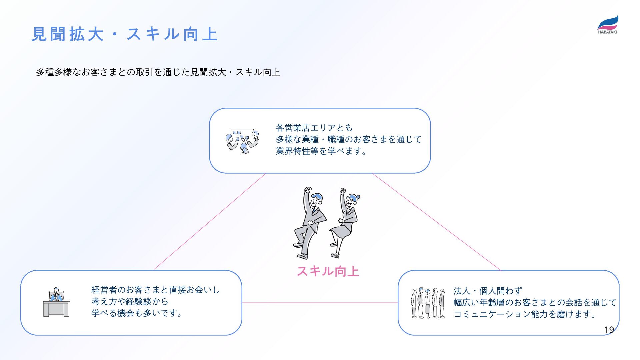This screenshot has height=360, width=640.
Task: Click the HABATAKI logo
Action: click(x=607, y=25)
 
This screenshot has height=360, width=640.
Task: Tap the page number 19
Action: click(x=609, y=330)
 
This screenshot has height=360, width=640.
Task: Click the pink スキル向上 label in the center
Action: click(x=328, y=271)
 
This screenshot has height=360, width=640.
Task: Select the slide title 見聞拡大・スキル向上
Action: click(x=124, y=34)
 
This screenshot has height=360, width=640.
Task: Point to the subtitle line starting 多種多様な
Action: click(x=158, y=72)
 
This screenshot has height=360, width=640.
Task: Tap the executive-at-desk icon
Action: click(x=56, y=302)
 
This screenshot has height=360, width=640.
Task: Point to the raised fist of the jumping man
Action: click(x=308, y=190)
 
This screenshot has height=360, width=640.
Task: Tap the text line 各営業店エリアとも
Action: click(x=314, y=128)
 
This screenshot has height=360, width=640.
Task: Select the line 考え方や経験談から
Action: click(x=130, y=301)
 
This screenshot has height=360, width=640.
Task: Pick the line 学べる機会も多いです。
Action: click(x=137, y=313)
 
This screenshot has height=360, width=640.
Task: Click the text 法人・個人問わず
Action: click(x=488, y=291)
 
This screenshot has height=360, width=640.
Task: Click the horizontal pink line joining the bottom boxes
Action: click(x=320, y=303)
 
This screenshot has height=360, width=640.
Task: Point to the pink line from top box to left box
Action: click(x=210, y=221)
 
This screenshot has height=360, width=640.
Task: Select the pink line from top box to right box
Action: click(x=437, y=221)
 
